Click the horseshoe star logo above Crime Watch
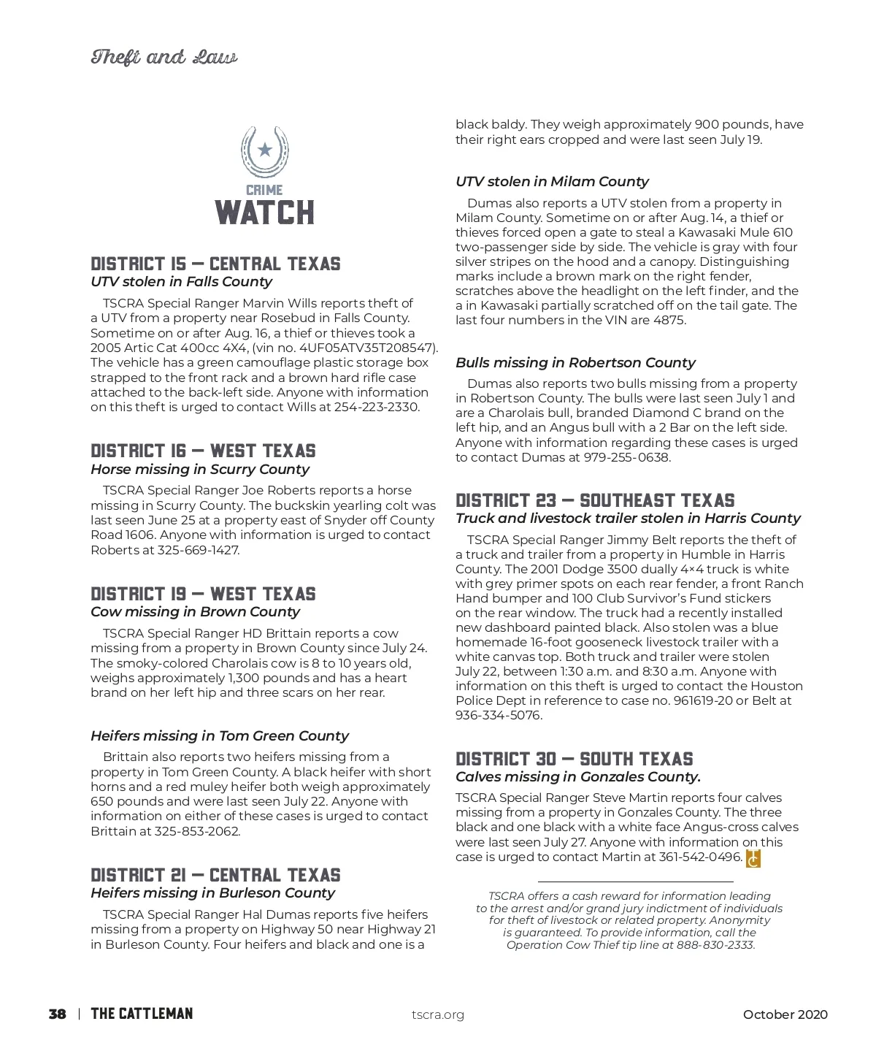tap(265, 151)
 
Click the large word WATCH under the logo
tap(265, 213)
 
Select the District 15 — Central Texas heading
tap(215, 264)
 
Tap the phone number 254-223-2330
tap(376, 407)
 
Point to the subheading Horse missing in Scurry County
tap(199, 469)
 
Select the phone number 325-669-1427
tap(198, 550)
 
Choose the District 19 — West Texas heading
tap(203, 594)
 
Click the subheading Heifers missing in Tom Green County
tap(219, 735)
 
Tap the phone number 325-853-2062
tap(196, 831)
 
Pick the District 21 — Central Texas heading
tap(215, 875)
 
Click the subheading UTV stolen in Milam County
tap(552, 181)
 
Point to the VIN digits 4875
tap(669, 320)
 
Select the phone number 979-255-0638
tap(626, 457)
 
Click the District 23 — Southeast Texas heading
tap(595, 500)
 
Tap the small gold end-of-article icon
tap(753, 858)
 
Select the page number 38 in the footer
tap(57, 1014)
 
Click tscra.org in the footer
tap(437, 1014)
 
